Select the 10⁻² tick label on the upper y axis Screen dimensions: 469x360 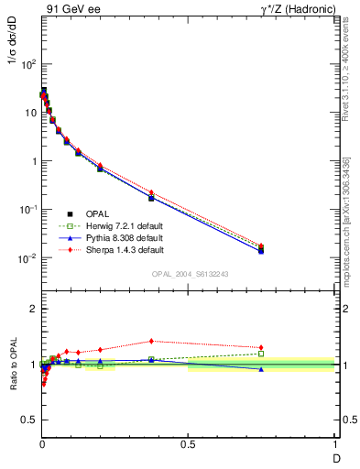[27, 258]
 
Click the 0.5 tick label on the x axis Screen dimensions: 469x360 [188, 444]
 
